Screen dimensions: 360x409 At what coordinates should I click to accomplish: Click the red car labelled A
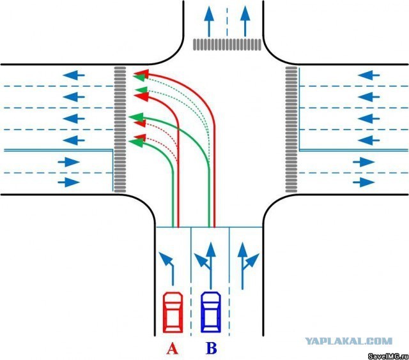pyautogui.click(x=173, y=311)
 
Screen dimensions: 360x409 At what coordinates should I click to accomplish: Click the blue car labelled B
pyautogui.click(x=211, y=311)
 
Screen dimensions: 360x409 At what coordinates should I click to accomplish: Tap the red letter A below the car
pyautogui.click(x=171, y=349)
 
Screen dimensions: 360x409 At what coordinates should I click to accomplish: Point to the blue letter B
pyautogui.click(x=211, y=349)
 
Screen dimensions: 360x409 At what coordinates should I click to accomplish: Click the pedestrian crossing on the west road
pyautogui.click(x=120, y=128)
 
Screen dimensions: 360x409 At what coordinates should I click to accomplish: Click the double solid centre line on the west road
pyautogui.click(x=58, y=151)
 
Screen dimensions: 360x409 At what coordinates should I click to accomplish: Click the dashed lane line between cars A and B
pyautogui.click(x=192, y=287)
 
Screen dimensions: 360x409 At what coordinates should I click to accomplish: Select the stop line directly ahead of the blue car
pyautogui.click(x=210, y=227)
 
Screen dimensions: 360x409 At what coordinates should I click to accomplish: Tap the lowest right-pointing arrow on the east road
pyautogui.click(x=364, y=182)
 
